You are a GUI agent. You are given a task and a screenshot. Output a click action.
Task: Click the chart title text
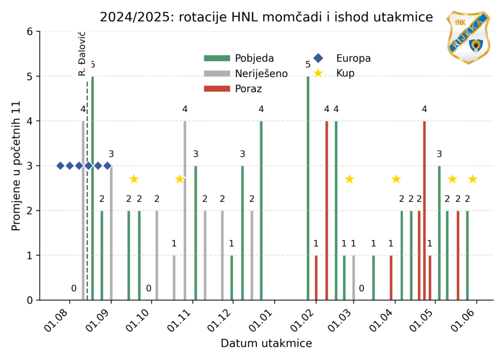pyautogui.click(x=266, y=17)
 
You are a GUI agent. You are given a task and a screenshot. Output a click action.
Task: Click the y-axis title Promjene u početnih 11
pyautogui.click(x=16, y=165)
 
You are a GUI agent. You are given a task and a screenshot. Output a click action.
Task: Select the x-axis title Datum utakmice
pyautogui.click(x=266, y=343)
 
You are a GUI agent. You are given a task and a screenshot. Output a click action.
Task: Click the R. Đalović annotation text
pyautogui.click(x=82, y=54)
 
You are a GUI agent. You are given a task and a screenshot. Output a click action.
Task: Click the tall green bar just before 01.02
pyautogui.click(x=308, y=188)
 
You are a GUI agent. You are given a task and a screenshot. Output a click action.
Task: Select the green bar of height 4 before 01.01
pyautogui.click(x=261, y=210)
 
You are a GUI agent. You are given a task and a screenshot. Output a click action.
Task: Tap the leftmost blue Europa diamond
pyautogui.click(x=61, y=165)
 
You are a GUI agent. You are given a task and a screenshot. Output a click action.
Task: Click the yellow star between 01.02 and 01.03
pyautogui.click(x=349, y=179)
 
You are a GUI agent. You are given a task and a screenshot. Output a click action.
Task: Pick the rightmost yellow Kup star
pyautogui.click(x=472, y=179)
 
